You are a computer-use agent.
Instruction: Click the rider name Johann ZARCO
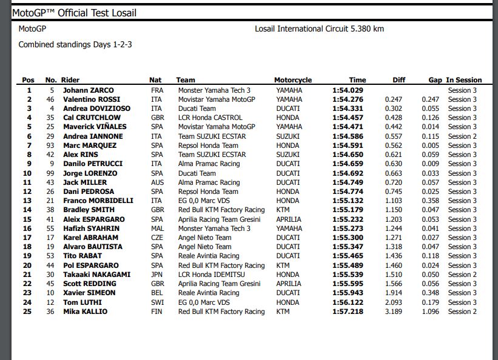pyautogui.click(x=89, y=90)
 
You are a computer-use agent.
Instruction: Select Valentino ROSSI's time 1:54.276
pyautogui.click(x=348, y=99)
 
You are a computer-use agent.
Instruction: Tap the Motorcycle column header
pyautogui.click(x=293, y=80)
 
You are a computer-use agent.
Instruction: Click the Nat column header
pyautogui.click(x=155, y=80)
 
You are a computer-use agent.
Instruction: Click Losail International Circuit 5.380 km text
pyautogui.click(x=319, y=28)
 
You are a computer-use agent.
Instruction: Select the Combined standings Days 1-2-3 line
pyautogui.click(x=75, y=44)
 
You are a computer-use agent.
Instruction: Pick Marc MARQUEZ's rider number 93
pyautogui.click(x=50, y=145)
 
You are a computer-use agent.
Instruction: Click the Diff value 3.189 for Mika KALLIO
pyautogui.click(x=394, y=312)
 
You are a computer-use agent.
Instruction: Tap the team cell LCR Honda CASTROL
pyautogui.click(x=210, y=118)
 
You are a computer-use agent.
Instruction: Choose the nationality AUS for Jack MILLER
pyautogui.click(x=157, y=182)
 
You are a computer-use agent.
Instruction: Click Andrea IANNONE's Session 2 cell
pyautogui.click(x=462, y=136)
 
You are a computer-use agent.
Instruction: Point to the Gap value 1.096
pyautogui.click(x=430, y=312)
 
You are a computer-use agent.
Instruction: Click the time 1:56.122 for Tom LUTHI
pyautogui.click(x=348, y=302)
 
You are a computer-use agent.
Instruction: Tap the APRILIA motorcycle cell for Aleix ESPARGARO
pyautogui.click(x=289, y=219)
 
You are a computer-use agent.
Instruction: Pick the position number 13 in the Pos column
pyautogui.click(x=28, y=201)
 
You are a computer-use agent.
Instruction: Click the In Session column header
pyautogui.click(x=464, y=80)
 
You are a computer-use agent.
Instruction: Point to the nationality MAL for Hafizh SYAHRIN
pyautogui.click(x=157, y=228)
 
